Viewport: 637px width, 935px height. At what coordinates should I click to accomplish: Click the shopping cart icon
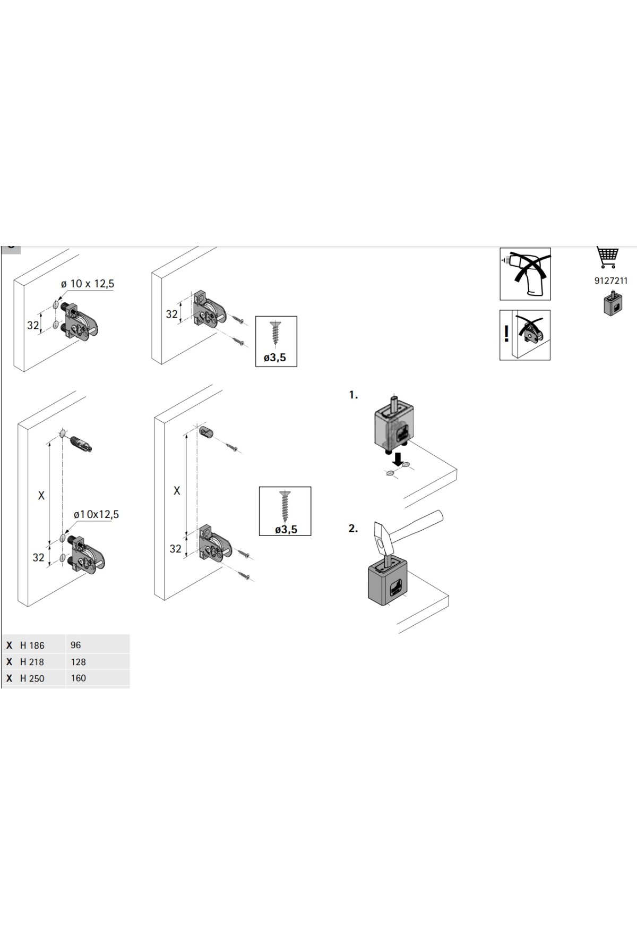click(x=607, y=257)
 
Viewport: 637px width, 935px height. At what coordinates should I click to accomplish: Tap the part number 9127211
click(x=610, y=281)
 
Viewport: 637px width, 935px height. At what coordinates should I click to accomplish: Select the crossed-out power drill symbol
click(x=525, y=274)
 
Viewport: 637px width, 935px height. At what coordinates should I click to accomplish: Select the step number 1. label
click(x=354, y=395)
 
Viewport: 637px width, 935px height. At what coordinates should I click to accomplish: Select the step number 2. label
click(x=353, y=529)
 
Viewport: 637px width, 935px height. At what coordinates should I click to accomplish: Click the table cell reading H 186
click(x=32, y=645)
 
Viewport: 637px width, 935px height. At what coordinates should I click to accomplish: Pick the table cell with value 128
click(x=78, y=662)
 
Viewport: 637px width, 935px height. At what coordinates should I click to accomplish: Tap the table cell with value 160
click(x=78, y=678)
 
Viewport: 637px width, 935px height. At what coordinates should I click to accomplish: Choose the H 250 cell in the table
click(x=32, y=678)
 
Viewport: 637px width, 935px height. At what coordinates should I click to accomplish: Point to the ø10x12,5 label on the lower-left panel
click(x=96, y=514)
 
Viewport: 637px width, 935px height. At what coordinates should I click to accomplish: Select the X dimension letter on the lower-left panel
click(x=41, y=496)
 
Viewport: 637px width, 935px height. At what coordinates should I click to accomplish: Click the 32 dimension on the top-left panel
click(x=33, y=325)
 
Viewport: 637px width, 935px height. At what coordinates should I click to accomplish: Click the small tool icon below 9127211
click(x=613, y=303)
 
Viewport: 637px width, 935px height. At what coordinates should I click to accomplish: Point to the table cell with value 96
click(x=75, y=645)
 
